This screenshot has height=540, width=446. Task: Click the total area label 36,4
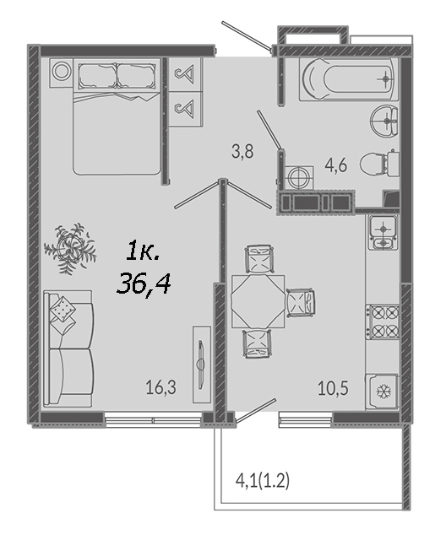(x=144, y=283)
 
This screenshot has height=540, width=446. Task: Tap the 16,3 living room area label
(x=160, y=387)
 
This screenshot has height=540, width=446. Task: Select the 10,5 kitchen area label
(x=333, y=388)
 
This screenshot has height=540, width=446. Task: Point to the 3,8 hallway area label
(x=242, y=151)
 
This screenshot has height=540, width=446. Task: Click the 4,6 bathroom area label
(x=336, y=165)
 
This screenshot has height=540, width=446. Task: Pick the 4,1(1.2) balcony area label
(x=263, y=481)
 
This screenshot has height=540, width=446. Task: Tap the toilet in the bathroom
(x=378, y=163)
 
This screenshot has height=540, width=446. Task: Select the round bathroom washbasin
(x=384, y=121)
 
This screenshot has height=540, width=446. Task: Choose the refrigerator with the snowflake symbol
(x=383, y=391)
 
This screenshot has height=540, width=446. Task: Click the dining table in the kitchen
(x=258, y=301)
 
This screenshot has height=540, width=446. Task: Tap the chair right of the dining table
(x=301, y=302)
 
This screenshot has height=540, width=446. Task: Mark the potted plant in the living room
(x=70, y=247)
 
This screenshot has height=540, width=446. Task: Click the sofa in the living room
(x=68, y=348)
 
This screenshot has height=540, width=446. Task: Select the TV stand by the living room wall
(x=202, y=364)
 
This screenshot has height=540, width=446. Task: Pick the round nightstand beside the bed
(x=62, y=73)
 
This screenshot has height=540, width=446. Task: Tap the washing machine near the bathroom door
(x=297, y=178)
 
